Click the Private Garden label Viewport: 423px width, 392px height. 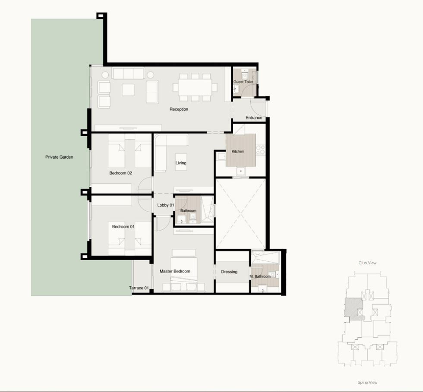pyautogui.click(x=59, y=157)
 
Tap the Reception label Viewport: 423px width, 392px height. pyautogui.click(x=179, y=109)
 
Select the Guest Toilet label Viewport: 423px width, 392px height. pyautogui.click(x=243, y=82)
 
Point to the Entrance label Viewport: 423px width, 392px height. pyautogui.click(x=254, y=118)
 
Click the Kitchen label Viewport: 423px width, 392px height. pyautogui.click(x=238, y=151)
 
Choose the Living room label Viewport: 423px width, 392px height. pyautogui.click(x=181, y=163)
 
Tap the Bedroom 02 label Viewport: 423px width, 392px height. pyautogui.click(x=120, y=173)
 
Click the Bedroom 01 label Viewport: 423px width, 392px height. pyautogui.click(x=123, y=226)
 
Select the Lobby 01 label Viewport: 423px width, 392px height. pyautogui.click(x=165, y=205)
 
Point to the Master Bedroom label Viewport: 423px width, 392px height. pyautogui.click(x=175, y=271)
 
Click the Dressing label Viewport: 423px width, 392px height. pyautogui.click(x=229, y=272)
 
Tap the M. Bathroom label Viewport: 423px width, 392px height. pyautogui.click(x=260, y=276)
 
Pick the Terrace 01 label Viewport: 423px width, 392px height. pyautogui.click(x=139, y=288)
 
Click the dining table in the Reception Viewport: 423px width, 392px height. pyautogui.click(x=195, y=88)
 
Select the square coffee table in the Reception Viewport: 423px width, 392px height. pyautogui.click(x=128, y=90)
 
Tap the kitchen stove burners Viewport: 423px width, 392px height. pyautogui.click(x=261, y=150)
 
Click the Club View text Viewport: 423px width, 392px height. pyautogui.click(x=367, y=263)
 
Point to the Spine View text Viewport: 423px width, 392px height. pyautogui.click(x=367, y=382)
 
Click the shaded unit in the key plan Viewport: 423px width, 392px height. pyautogui.click(x=353, y=309)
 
